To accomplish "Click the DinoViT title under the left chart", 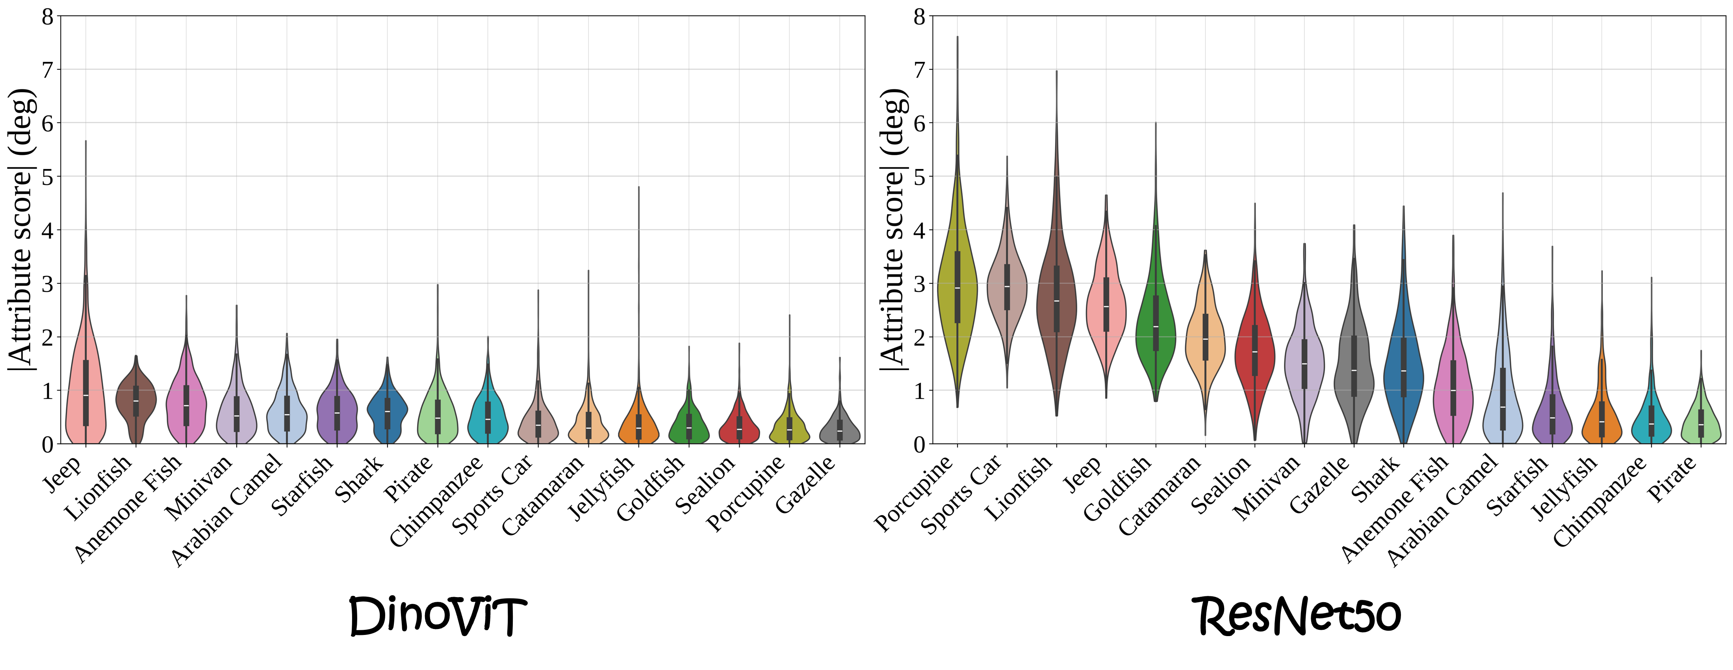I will coord(437,616).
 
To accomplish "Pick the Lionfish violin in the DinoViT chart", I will coord(136,401).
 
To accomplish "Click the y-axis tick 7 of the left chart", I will coord(47,69).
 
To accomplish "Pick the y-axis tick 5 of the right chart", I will coord(919,177).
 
